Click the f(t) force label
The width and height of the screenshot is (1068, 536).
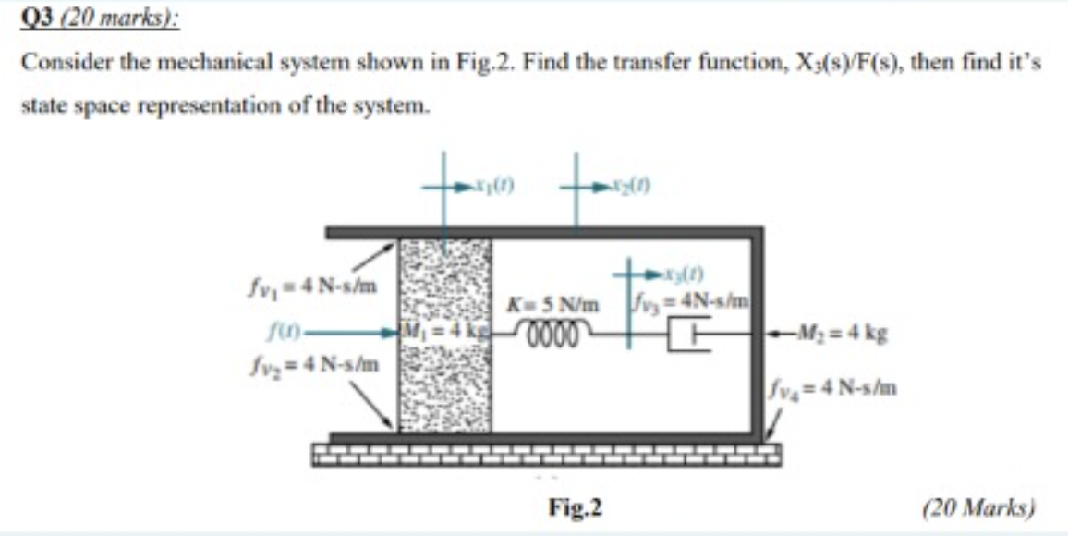point(278,331)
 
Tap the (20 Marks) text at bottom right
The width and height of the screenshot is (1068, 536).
point(978,506)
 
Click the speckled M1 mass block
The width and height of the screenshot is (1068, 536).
point(444,388)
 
